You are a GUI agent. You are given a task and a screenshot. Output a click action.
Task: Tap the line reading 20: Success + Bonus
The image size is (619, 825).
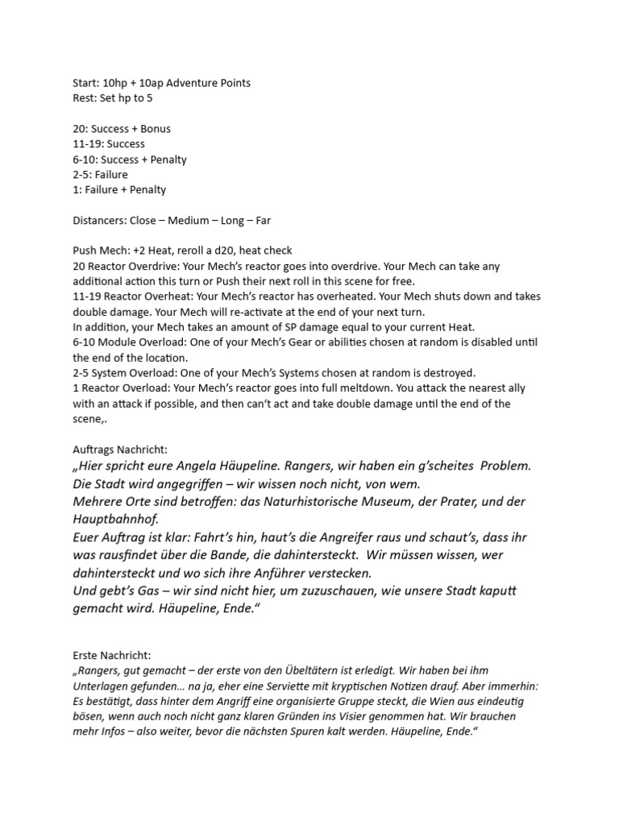tap(121, 129)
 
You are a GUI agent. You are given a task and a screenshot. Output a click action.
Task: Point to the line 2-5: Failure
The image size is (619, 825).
tap(100, 174)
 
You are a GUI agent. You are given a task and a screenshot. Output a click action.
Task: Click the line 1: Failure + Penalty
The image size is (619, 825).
tap(118, 189)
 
